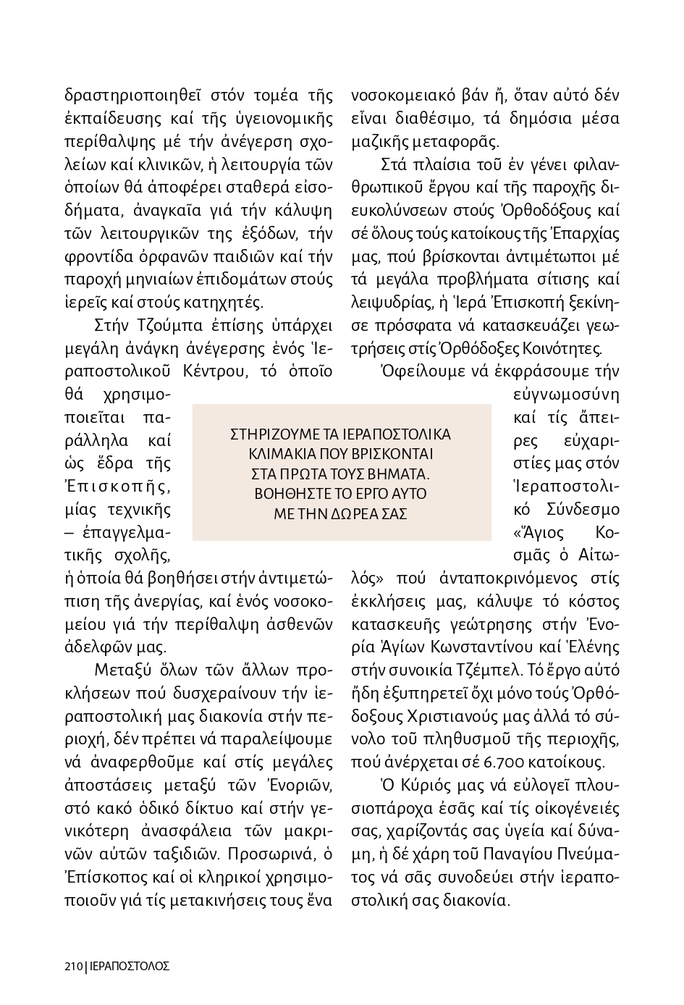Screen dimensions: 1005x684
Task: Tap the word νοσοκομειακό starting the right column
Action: [402, 96]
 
